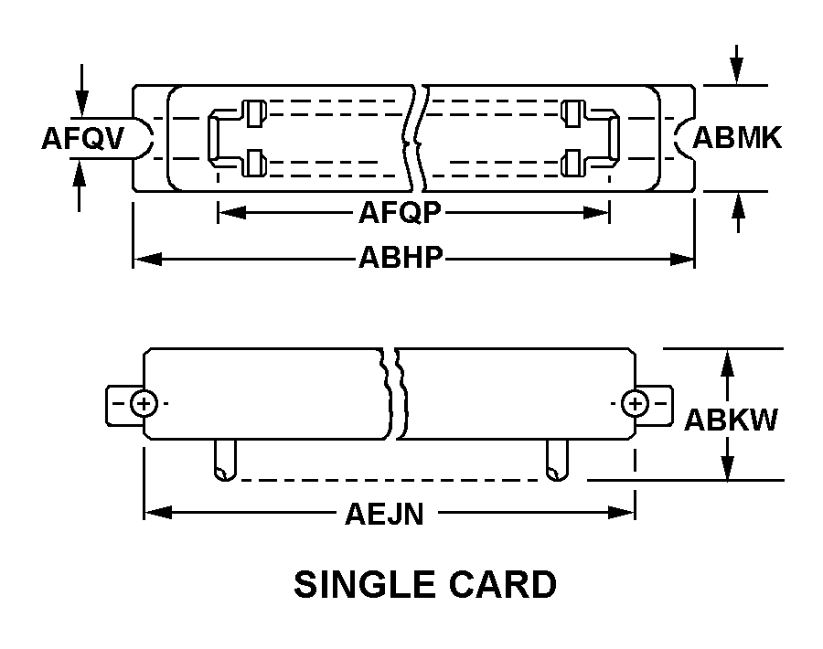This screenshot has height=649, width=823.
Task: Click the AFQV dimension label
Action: (83, 138)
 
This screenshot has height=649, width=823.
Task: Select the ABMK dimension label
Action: (737, 138)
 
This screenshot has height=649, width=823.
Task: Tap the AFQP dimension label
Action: (400, 213)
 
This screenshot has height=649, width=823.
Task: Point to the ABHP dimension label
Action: (401, 259)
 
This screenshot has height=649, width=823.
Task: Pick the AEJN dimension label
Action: (384, 515)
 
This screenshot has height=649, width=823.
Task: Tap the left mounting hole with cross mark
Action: (144, 403)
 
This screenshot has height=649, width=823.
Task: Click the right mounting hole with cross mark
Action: (635, 403)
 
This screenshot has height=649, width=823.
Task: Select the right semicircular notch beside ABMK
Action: (686, 138)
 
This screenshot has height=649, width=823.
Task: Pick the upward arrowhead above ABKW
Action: (728, 361)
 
